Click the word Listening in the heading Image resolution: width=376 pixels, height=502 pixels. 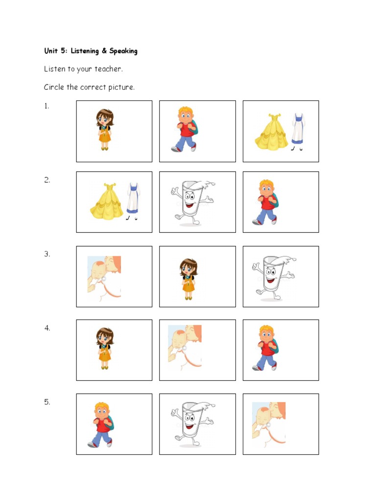point(85,51)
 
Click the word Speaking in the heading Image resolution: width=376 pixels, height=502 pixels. point(123,51)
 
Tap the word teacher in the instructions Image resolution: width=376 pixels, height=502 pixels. point(108,69)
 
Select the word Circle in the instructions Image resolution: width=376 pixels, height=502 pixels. point(54,87)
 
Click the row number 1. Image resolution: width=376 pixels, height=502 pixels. point(47,106)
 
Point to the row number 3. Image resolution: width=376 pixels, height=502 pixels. point(47,254)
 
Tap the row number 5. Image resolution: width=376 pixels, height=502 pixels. point(47,402)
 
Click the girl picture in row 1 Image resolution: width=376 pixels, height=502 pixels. point(105,129)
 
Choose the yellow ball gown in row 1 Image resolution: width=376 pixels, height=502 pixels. point(271,131)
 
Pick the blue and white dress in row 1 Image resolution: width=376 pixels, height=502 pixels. point(298,131)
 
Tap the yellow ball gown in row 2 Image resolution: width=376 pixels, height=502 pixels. point(107,201)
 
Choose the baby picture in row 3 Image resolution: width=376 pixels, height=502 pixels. point(104,278)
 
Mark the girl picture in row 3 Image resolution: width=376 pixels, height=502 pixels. point(188,279)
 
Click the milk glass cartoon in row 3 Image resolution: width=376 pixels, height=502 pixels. point(274,277)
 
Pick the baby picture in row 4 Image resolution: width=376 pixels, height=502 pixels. point(185,348)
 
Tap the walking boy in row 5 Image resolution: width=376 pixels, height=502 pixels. point(101,425)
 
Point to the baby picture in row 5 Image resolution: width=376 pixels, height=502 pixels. point(269,425)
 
